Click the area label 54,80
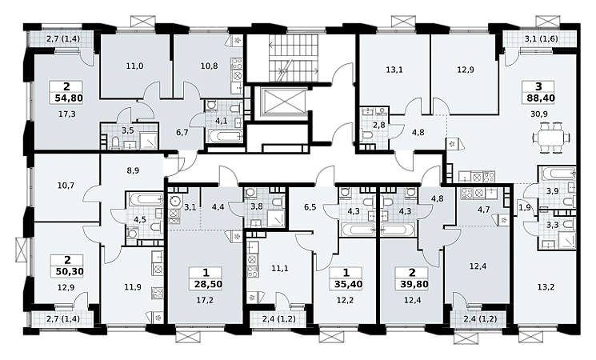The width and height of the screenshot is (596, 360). click(x=69, y=98)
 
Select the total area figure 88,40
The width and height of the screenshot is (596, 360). click(x=541, y=98)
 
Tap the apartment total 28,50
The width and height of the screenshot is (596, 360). click(x=208, y=283)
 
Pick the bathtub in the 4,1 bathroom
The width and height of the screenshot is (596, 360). click(x=224, y=135)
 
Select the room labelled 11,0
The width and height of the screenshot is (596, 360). click(x=134, y=66)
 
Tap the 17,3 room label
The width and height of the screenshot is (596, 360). click(x=67, y=114)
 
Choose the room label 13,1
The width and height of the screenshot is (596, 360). click(x=394, y=70)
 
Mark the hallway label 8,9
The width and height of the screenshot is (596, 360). click(x=133, y=170)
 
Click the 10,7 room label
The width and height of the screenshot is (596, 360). click(x=66, y=186)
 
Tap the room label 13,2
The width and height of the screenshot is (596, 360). click(x=546, y=287)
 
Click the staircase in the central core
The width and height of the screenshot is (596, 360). click(x=294, y=58)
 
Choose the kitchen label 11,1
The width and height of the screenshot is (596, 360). click(x=280, y=268)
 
